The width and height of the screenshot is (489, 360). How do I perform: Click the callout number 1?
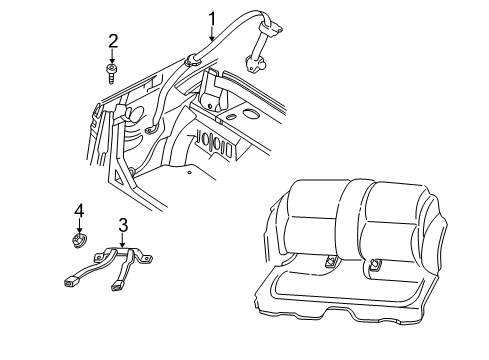[212, 17]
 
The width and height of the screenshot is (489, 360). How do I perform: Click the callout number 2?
[113, 40]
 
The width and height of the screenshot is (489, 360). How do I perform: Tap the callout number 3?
[122, 225]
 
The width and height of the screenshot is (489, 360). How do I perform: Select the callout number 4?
[77, 210]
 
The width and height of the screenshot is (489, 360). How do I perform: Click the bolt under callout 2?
[113, 72]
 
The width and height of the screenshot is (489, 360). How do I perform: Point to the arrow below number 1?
[212, 33]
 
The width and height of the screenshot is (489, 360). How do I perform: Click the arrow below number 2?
[113, 55]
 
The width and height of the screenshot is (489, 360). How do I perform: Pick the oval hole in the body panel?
[233, 117]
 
